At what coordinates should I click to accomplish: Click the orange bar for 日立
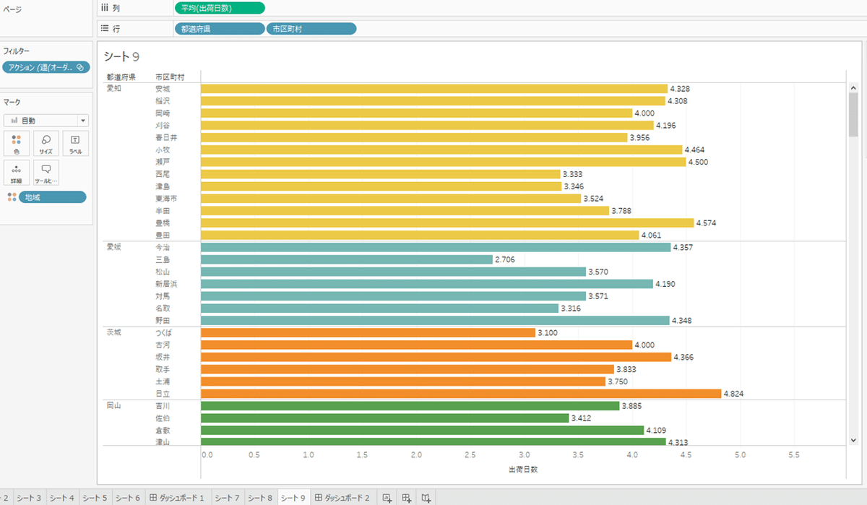[x=461, y=394]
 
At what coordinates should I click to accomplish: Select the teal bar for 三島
[x=347, y=259]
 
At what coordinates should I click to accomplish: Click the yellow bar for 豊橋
[x=447, y=223]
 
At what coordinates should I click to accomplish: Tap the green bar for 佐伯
[x=385, y=418]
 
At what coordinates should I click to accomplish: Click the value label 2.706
[x=505, y=259]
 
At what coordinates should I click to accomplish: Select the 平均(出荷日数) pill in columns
[x=220, y=8]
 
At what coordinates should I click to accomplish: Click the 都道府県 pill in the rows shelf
[x=220, y=29]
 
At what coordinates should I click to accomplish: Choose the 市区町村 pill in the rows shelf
[x=311, y=29]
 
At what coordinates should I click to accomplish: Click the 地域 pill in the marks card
[x=52, y=197]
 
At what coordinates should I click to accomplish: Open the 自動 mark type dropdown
[x=46, y=121]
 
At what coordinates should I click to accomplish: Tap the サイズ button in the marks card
[x=46, y=143]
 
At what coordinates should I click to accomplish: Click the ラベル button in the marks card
[x=75, y=143]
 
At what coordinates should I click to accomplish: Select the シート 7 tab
[x=227, y=498]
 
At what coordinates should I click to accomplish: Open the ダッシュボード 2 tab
[x=342, y=498]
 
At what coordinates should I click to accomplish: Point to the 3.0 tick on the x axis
[x=525, y=455]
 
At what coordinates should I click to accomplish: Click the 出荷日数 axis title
[x=523, y=469]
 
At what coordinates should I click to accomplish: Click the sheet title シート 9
[x=121, y=56]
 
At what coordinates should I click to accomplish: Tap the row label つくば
[x=163, y=333]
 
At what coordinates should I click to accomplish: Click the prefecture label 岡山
[x=113, y=406]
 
